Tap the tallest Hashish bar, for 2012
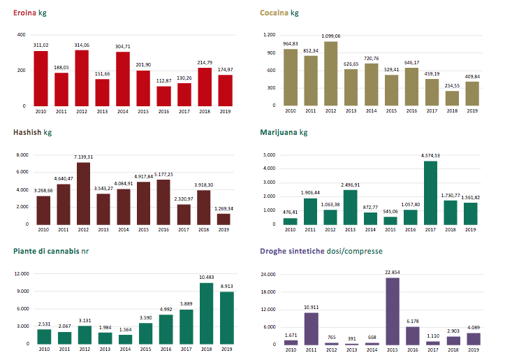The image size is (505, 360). (x=84, y=193)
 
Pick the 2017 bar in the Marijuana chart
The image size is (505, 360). (x=431, y=192)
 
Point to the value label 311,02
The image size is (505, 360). (x=41, y=45)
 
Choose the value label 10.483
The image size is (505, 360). (x=206, y=278)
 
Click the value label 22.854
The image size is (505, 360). (x=392, y=273)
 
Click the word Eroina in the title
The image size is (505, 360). (x=25, y=13)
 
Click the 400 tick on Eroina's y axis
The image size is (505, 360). (x=21, y=35)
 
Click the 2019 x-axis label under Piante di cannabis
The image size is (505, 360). (x=226, y=349)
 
